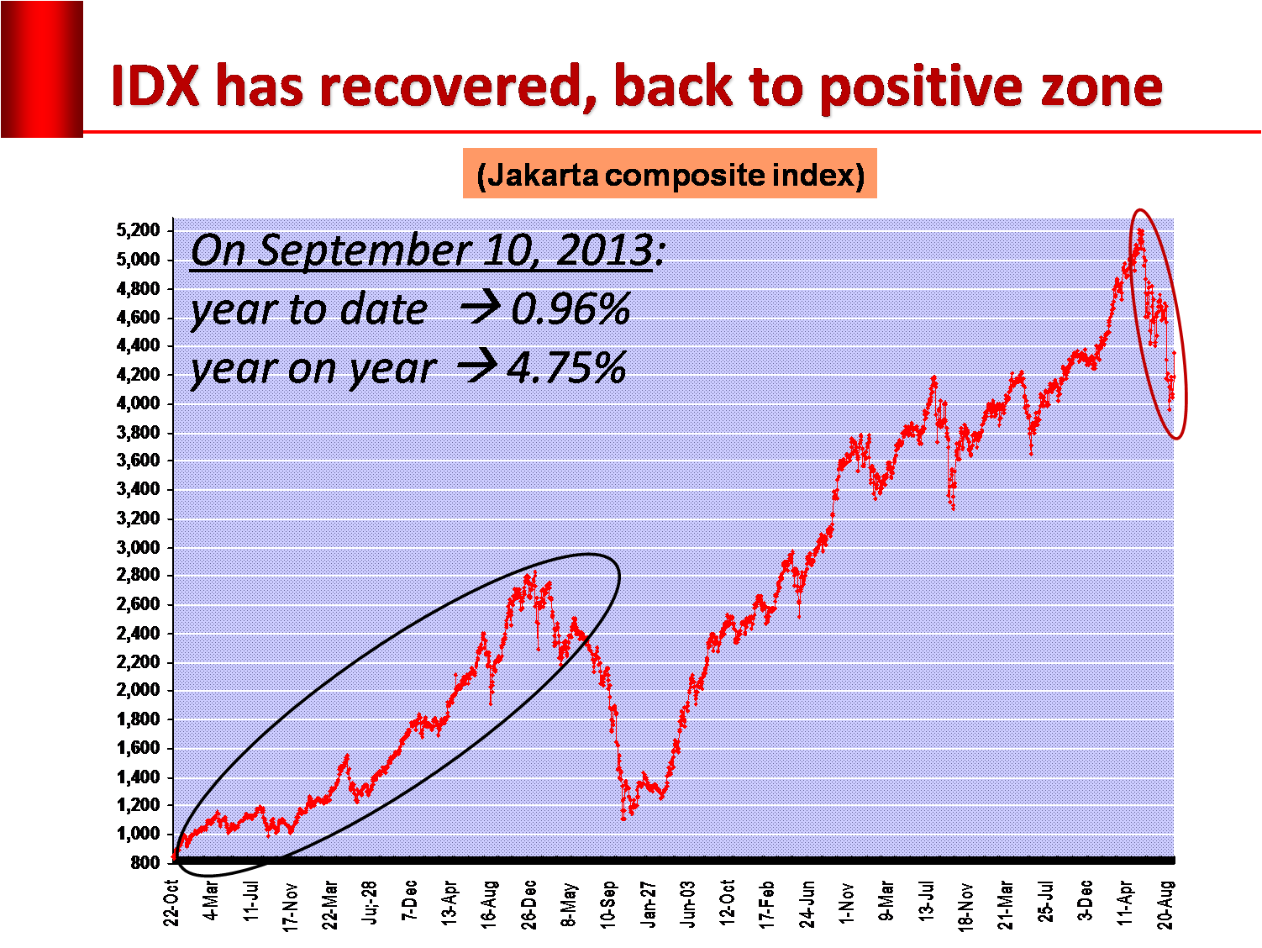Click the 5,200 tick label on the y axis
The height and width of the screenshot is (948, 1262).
point(138,230)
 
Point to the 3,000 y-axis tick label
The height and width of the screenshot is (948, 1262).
point(138,547)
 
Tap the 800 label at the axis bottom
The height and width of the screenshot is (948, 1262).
point(145,862)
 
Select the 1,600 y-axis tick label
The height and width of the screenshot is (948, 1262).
point(138,748)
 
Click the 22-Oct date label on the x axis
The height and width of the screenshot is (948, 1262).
point(171,903)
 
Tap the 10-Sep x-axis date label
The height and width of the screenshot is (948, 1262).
point(609,903)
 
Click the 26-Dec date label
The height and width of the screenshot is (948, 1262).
point(529,903)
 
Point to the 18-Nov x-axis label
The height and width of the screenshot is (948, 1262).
point(966,904)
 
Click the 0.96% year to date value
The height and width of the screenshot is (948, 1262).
point(571,309)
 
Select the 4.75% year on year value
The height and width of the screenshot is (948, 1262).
point(566,368)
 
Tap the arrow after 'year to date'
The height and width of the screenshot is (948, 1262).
point(481,308)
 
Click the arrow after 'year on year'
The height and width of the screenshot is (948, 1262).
point(476,367)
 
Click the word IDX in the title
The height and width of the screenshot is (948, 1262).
point(156,87)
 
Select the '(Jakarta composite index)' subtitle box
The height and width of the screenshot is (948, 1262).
point(670,175)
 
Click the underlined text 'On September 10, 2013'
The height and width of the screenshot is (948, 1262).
point(422,250)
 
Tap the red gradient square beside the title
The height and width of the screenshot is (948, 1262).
point(42,69)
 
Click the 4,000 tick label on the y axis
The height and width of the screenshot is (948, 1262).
point(138,403)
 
